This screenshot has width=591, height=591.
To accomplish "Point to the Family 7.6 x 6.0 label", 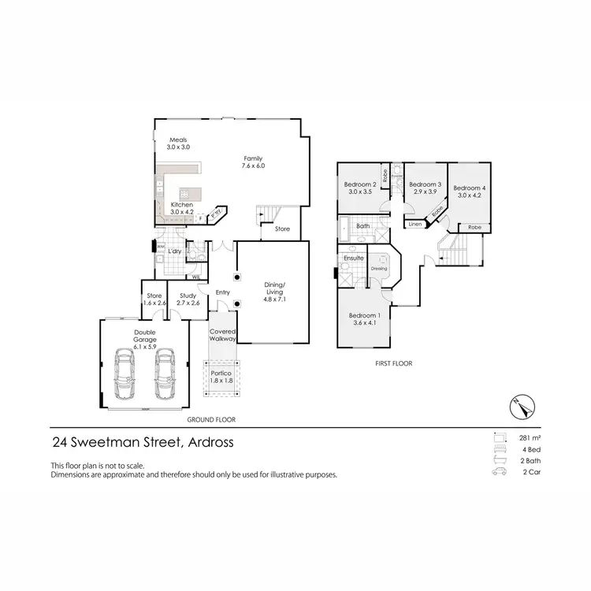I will (x=252, y=162).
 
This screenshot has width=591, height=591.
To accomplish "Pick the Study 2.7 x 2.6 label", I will (x=188, y=299).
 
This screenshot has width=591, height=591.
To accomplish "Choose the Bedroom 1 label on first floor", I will (x=364, y=319).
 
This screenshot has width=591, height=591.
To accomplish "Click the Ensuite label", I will (x=354, y=258).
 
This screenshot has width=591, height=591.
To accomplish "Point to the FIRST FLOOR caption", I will (x=395, y=364).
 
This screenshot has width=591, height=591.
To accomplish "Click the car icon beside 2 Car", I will (x=498, y=472).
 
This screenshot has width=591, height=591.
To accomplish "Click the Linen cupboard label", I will (x=414, y=225).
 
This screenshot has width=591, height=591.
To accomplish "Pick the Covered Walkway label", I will (x=222, y=335).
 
